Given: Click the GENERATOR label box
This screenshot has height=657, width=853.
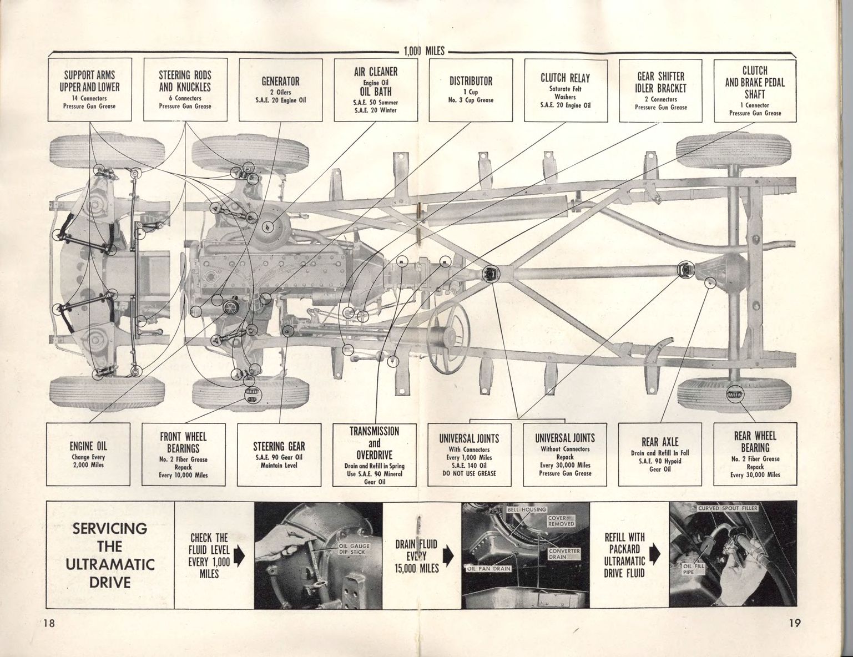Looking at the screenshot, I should [280, 90].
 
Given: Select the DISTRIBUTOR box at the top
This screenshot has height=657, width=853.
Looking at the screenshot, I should [471, 90].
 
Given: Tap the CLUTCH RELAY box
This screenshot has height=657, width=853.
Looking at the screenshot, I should [565, 90].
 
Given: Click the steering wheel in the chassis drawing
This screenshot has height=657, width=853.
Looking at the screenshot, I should [448, 333].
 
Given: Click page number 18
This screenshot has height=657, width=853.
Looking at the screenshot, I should [48, 623].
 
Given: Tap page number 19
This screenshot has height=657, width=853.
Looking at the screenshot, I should [794, 623].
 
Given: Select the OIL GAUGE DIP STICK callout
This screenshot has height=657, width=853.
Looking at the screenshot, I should [354, 549].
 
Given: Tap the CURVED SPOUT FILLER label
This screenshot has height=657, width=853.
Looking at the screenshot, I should [728, 508].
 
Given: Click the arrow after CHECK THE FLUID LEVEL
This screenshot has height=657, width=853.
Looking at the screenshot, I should [240, 555].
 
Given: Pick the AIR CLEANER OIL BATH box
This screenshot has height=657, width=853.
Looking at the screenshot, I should [375, 90].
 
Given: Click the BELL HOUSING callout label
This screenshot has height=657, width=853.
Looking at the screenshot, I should [527, 509].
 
